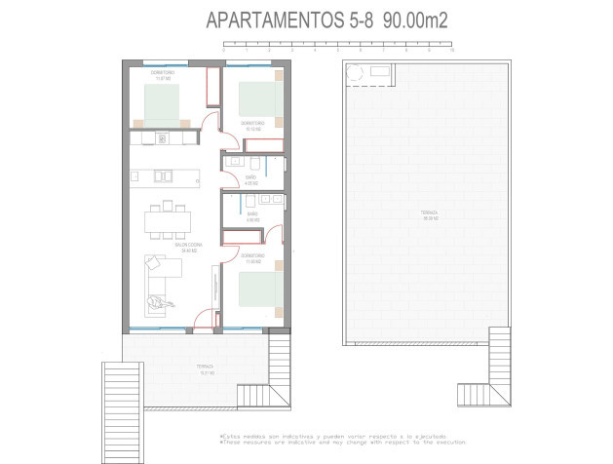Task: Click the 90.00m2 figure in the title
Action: (414, 19)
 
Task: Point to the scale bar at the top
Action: (337, 45)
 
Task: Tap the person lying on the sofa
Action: (162, 303)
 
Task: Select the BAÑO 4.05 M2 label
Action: (250, 179)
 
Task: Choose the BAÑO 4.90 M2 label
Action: (251, 216)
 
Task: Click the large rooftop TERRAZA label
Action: (430, 214)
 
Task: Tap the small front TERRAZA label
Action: (206, 368)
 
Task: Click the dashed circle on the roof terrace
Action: (357, 71)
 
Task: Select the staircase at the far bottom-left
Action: (122, 390)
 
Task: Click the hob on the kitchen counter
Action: (161, 138)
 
